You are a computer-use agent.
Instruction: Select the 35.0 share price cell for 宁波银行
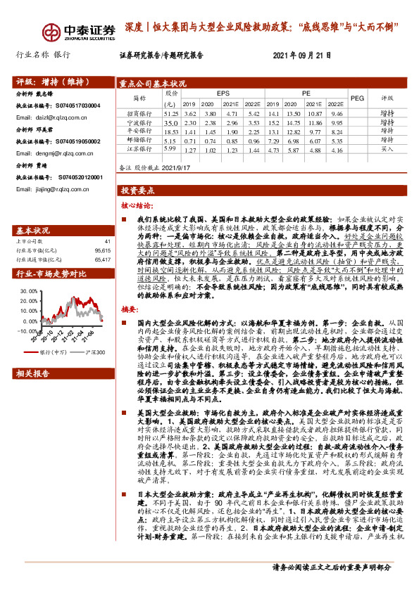pyautogui.click(x=170, y=122)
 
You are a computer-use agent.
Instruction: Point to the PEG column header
pyautogui.click(x=358, y=98)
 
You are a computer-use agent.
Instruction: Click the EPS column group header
pyautogui.click(x=223, y=93)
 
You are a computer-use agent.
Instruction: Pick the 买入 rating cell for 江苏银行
pyautogui.click(x=388, y=149)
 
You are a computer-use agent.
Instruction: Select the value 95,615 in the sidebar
pyautogui.click(x=101, y=250)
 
